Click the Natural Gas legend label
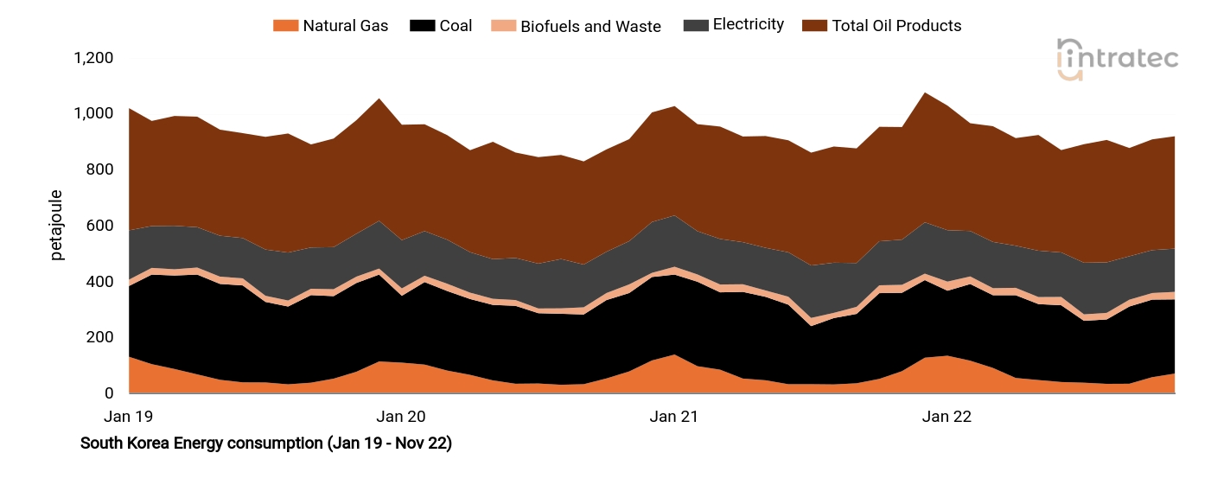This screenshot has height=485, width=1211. pos(345,26)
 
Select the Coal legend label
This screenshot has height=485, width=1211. pos(456,26)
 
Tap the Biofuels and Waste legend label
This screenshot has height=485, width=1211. pos(590,26)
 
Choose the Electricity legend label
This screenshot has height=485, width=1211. pos(748,25)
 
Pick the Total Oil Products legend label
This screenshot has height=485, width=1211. pos(896,26)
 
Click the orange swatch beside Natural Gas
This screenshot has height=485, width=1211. pos(284,26)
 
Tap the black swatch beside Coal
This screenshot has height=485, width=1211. pos(421,26)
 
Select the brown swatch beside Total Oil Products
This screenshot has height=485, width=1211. pos(813,26)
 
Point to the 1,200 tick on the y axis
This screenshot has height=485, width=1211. pos(93,58)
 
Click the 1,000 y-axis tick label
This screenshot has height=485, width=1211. pos(93,114)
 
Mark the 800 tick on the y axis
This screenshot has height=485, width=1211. pos(99,169)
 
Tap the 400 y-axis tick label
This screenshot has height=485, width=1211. pos(99,282)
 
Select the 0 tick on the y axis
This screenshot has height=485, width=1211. pos(108,393)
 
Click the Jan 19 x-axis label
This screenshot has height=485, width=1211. pos(128,417)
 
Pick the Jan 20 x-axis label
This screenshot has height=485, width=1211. pos(403,417)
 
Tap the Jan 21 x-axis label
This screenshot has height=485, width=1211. pos(674,417)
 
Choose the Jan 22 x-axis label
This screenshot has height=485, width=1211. pos(946,417)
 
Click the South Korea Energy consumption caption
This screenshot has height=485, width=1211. pos(266,444)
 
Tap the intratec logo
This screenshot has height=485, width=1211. pos(1118,60)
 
